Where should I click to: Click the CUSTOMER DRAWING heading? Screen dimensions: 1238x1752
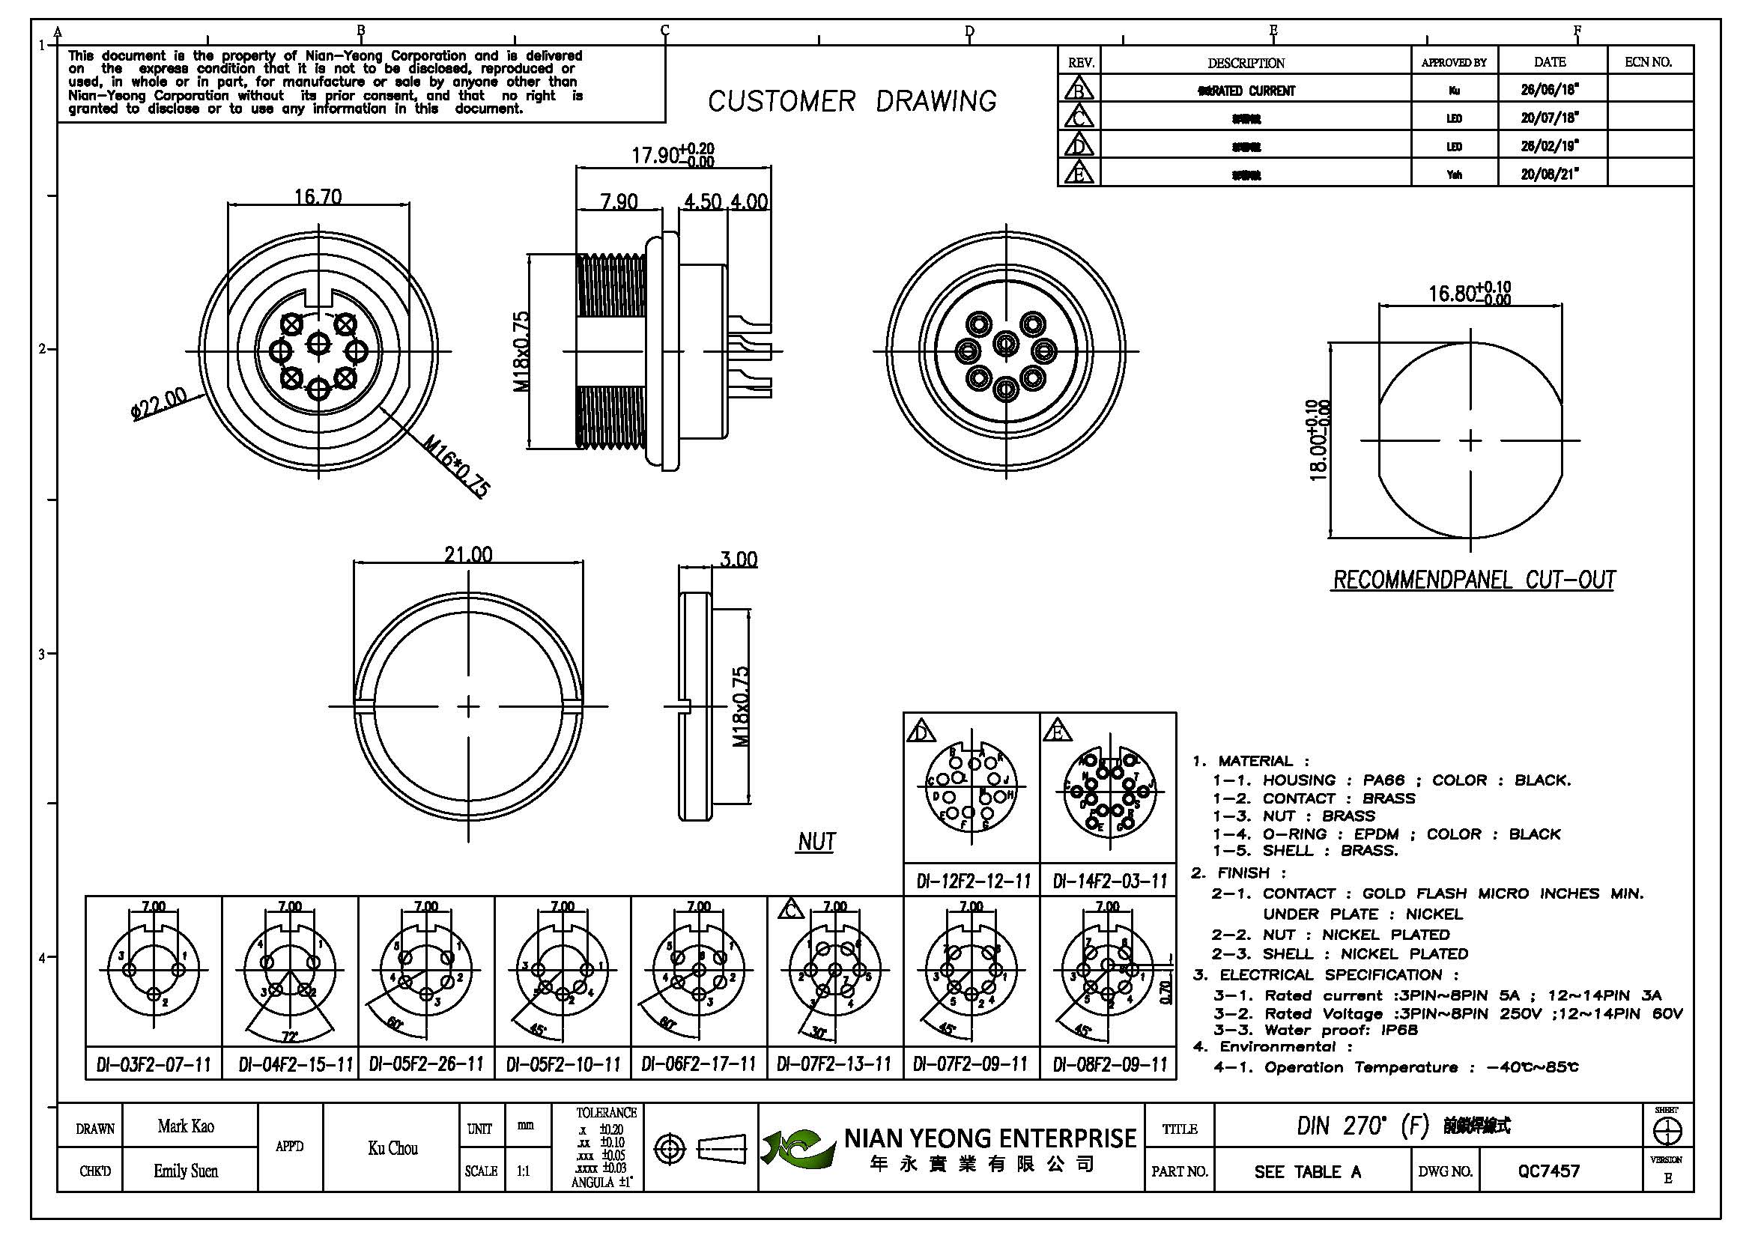coord(852,101)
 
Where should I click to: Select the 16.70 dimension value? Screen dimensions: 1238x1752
coord(318,197)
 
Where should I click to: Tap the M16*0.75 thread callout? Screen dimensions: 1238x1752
coord(456,465)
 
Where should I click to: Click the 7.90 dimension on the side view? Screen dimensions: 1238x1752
coord(618,202)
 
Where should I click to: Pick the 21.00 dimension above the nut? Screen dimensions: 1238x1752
coord(467,554)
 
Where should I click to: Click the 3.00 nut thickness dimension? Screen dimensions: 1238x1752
coord(738,560)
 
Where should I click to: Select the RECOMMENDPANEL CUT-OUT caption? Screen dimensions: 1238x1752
coord(1473,580)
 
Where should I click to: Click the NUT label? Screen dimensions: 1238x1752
coord(816,842)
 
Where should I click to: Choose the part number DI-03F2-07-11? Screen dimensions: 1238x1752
coord(154,1064)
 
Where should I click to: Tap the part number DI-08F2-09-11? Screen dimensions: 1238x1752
coord(1109,1064)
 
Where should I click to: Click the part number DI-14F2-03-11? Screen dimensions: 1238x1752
coord(1109,882)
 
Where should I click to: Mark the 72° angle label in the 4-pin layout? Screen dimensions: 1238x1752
coord(290,1037)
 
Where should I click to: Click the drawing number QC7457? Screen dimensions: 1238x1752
coord(1548,1171)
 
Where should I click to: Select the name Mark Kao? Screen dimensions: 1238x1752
coord(186,1126)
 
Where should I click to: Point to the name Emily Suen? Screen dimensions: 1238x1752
coord(186,1171)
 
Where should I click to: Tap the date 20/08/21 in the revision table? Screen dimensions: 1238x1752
coord(1549,174)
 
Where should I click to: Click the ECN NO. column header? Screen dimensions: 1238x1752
coord(1648,61)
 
